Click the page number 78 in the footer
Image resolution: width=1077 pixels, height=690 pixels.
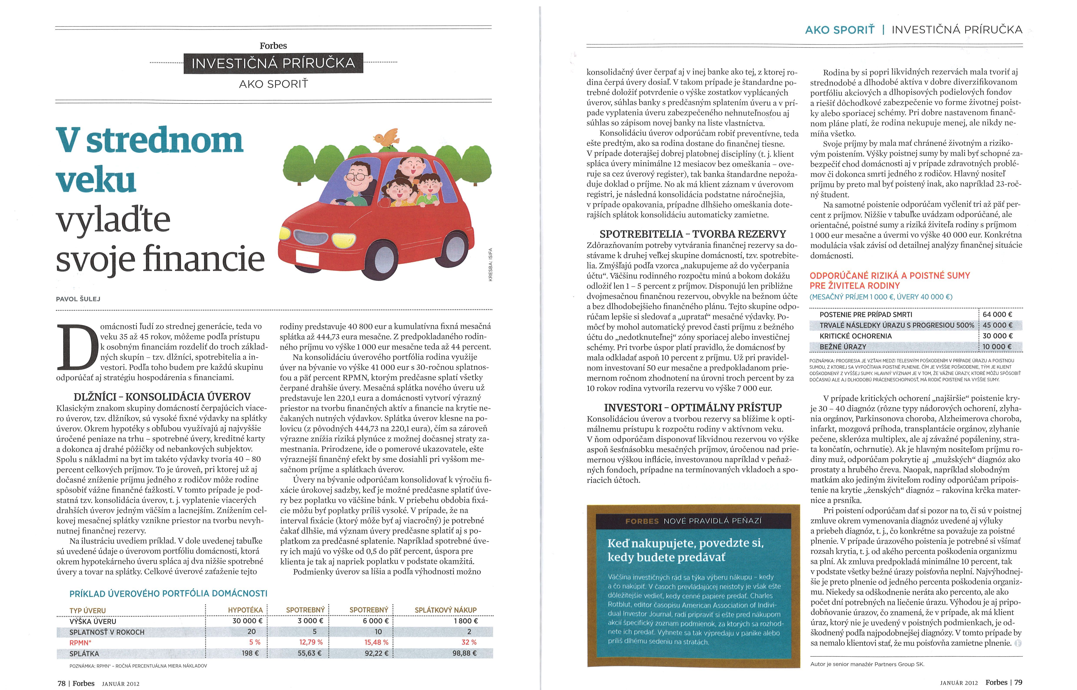61,683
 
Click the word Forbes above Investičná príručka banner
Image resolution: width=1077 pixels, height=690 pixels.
273,46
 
